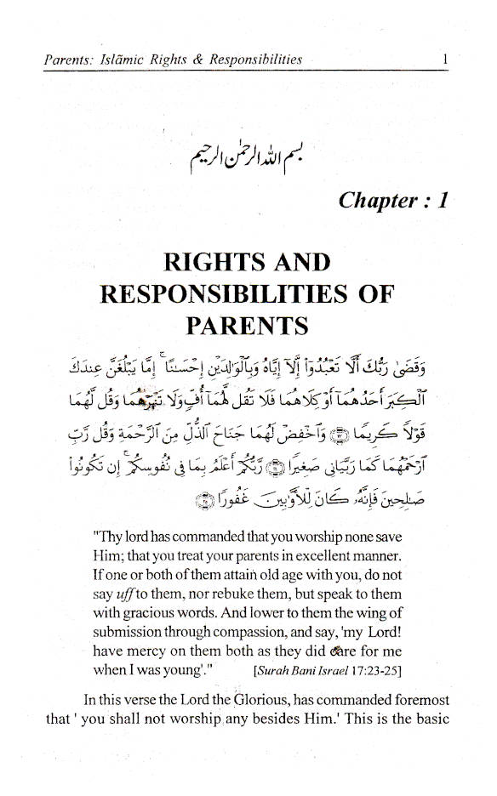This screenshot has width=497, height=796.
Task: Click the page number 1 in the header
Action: click(445, 60)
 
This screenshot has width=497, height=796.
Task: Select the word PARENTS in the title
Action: click(248, 324)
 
